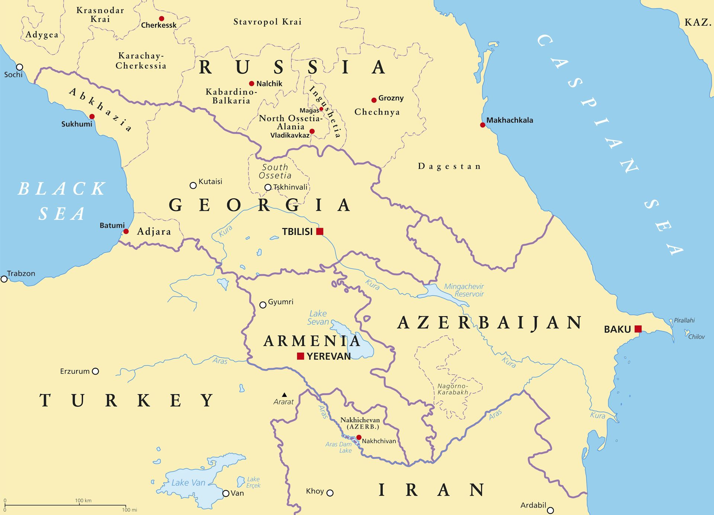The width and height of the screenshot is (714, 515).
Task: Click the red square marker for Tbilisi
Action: tap(319, 231)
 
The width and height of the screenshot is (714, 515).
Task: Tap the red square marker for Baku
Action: tap(638, 329)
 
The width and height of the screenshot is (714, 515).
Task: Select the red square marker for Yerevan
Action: tap(300, 356)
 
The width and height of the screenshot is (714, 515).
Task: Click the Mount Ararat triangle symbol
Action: tap(284, 395)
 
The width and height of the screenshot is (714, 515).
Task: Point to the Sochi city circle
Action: tap(19, 67)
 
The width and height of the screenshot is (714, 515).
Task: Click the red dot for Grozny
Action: tap(374, 100)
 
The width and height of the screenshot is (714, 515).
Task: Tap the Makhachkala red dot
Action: tap(482, 125)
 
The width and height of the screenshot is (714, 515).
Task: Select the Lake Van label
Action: tap(188, 483)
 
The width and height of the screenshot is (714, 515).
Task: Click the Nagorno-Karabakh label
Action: tap(453, 389)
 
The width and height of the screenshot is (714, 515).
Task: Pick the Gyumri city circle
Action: tap(263, 305)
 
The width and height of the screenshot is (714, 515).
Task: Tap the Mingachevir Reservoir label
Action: tap(464, 290)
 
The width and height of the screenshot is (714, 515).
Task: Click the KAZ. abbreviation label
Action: tap(698, 23)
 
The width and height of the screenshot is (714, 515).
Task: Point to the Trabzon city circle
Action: tap(4, 279)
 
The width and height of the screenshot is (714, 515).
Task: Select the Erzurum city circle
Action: tap(95, 371)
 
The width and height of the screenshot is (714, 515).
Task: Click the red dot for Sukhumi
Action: tap(92, 117)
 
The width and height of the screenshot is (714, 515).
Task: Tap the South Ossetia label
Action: tap(275, 171)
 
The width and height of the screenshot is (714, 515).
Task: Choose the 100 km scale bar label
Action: tap(83, 501)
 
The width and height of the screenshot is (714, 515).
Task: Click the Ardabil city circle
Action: tap(550, 511)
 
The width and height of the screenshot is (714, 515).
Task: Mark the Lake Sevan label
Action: tap(318, 318)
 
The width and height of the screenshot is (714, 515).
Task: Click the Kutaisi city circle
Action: tap(193, 185)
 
